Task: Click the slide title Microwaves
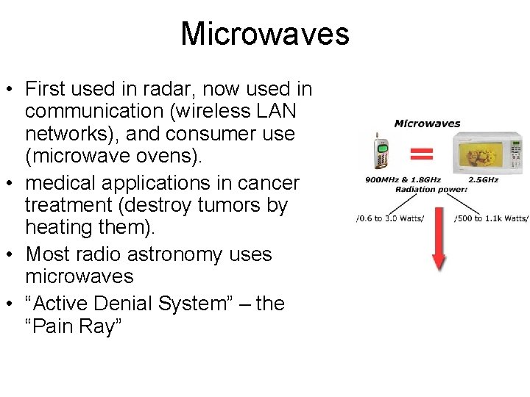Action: coord(264,34)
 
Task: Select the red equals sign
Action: coord(421,153)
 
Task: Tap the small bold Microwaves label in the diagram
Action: coord(427,124)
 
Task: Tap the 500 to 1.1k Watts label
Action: coord(491,218)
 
